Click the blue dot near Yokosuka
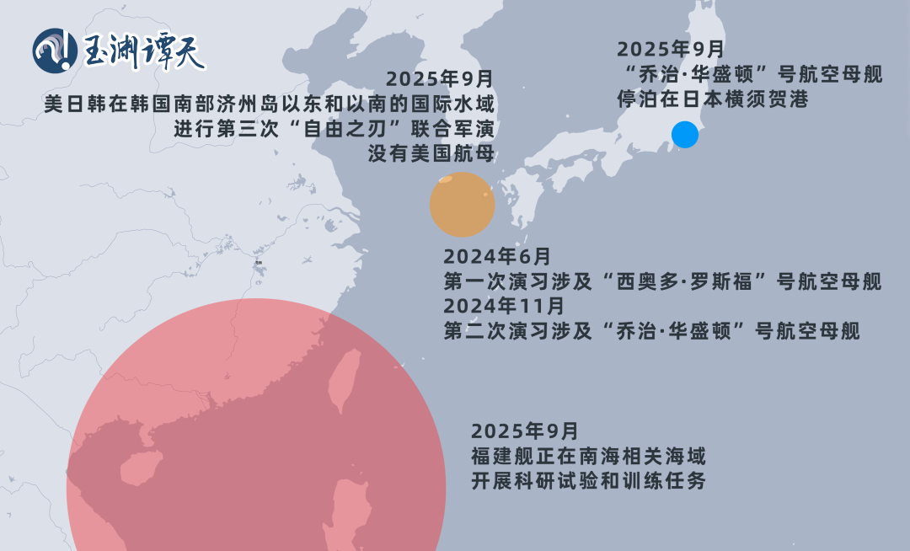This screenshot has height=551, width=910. [685, 135]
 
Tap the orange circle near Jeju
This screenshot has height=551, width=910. [462, 204]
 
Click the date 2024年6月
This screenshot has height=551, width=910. [497, 256]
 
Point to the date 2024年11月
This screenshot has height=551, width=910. [504, 305]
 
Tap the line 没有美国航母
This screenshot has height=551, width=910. [431, 154]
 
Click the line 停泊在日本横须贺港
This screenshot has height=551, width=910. [713, 99]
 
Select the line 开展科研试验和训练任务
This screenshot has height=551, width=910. [588, 481]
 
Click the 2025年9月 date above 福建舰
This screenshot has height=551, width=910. [525, 431]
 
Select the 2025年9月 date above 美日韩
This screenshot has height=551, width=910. [439, 79]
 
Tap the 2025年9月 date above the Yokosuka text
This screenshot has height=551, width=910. [670, 49]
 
